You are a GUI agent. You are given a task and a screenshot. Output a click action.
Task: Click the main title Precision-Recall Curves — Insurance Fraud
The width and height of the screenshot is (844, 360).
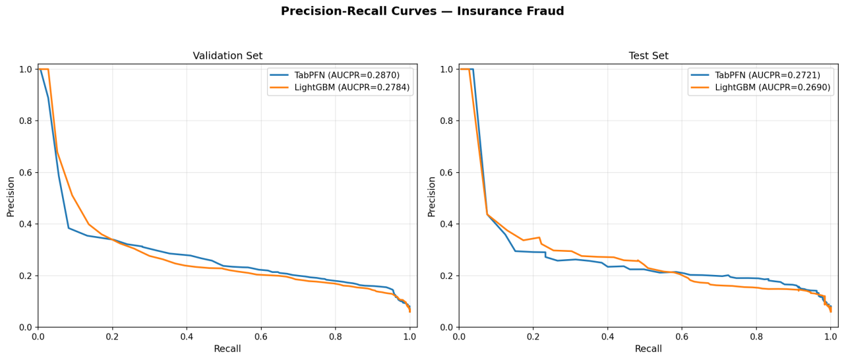pos(422,11)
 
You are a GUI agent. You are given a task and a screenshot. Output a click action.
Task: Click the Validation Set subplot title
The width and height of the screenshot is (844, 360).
pos(227,56)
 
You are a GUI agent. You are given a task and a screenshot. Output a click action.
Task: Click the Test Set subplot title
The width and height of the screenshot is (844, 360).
pos(648,56)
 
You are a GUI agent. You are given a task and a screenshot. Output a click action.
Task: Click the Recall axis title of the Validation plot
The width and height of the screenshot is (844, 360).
pos(227,349)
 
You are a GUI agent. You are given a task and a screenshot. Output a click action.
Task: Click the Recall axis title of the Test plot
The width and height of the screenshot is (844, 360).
pos(648,349)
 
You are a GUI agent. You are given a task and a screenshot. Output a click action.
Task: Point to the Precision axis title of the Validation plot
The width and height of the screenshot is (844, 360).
pos(11,196)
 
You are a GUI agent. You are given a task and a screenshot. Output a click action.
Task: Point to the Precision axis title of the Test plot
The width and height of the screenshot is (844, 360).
pos(432,196)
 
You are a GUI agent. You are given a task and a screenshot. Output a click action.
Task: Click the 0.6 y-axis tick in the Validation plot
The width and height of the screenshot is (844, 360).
pos(24,173)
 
